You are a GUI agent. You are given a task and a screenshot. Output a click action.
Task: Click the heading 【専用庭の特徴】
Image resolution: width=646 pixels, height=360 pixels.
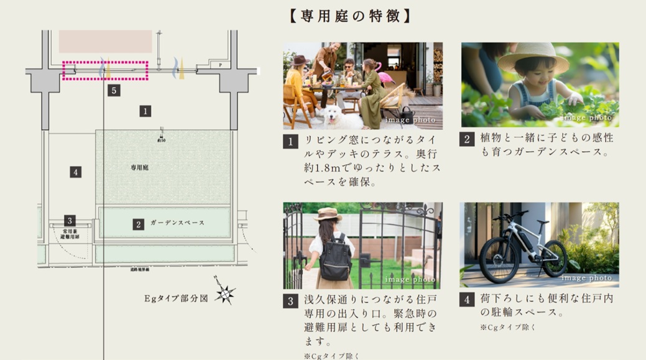pyautogui.click(x=350, y=15)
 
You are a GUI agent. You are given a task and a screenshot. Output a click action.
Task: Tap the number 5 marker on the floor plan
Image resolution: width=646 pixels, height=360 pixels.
pyautogui.click(x=113, y=91)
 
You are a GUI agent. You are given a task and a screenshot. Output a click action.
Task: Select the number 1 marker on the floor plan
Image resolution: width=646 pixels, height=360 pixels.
pyautogui.click(x=145, y=111)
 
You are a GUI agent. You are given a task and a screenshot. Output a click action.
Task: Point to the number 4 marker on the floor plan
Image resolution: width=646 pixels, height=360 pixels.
pyautogui.click(x=76, y=172)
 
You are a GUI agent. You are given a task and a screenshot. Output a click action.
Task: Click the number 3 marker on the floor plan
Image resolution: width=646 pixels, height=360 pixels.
pyautogui.click(x=70, y=220)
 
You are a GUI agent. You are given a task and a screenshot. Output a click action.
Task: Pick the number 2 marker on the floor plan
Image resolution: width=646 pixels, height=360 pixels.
pyautogui.click(x=139, y=224)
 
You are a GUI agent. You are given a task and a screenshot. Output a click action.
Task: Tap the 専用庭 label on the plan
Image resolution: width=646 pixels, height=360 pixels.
pyautogui.click(x=139, y=168)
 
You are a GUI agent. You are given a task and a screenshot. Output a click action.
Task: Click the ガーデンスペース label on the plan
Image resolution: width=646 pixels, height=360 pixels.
pyautogui.click(x=177, y=223)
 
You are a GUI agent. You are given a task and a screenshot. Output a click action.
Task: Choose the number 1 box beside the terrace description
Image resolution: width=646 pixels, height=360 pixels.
pyautogui.click(x=290, y=141)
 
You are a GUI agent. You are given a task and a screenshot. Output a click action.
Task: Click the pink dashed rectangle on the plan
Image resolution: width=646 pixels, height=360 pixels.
pyautogui.click(x=105, y=71)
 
